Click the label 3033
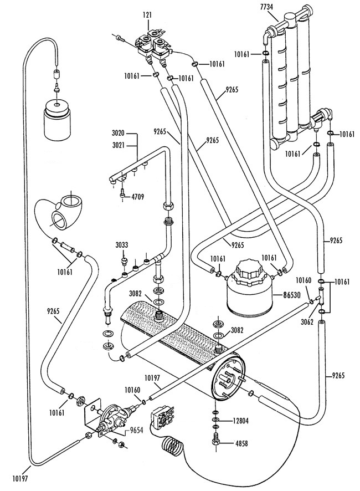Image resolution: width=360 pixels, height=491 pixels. click(x=122, y=244)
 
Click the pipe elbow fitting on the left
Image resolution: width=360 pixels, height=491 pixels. click(x=62, y=213)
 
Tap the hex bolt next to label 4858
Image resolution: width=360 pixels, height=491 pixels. click(x=215, y=443)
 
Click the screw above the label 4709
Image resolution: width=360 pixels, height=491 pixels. click(x=122, y=193)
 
